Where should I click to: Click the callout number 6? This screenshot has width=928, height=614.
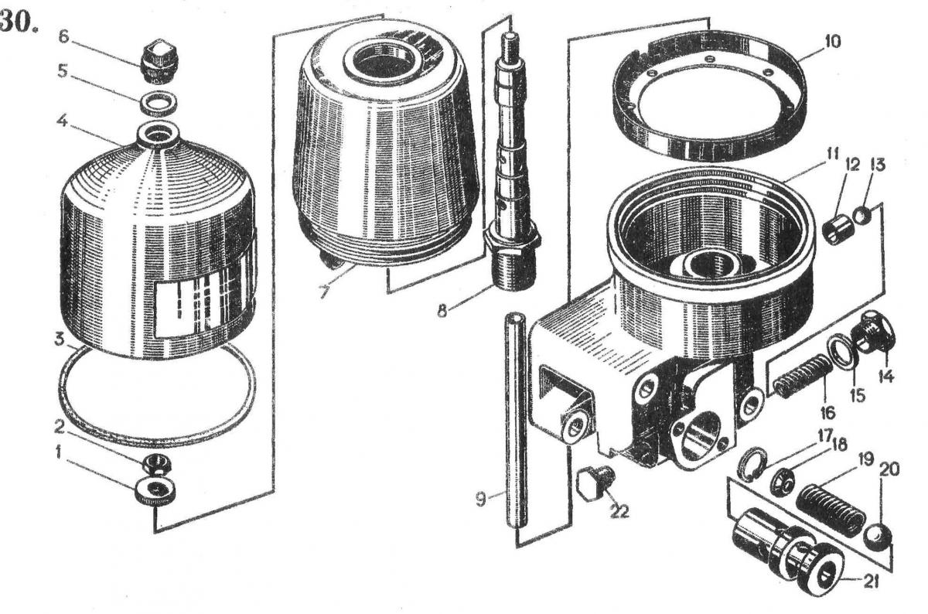pos(63,36)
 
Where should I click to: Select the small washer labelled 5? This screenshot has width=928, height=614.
pos(158,103)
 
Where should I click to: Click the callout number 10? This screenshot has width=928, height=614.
pos(833,42)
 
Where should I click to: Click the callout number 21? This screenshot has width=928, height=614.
pos(871,582)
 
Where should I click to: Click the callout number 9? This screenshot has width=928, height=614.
pos(480,500)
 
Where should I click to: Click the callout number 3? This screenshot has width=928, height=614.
pos(59,340)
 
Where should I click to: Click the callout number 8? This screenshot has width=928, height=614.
pos(442,310)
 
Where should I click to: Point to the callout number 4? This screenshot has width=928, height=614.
pos(61,122)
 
